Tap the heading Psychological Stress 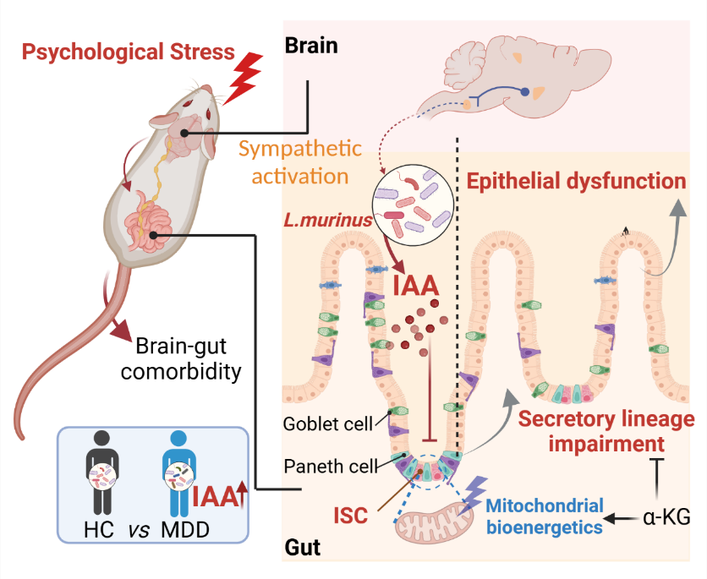128,52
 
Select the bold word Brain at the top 310,45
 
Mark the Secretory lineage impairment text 606,431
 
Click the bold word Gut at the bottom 303,548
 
